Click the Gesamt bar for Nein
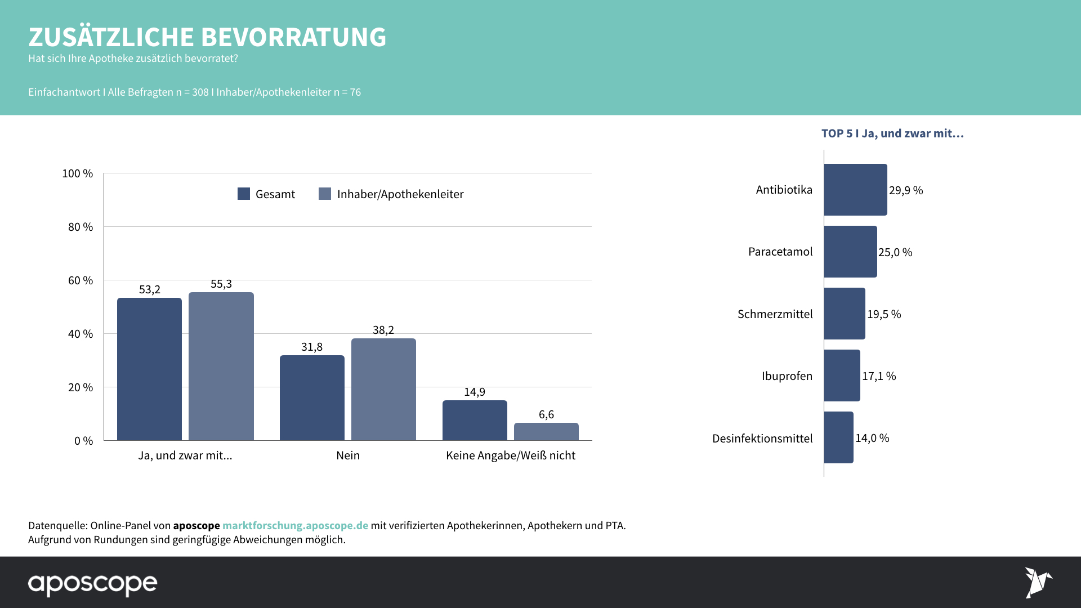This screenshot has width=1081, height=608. pyautogui.click(x=312, y=397)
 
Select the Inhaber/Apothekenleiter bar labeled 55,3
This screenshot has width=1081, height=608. pyautogui.click(x=221, y=366)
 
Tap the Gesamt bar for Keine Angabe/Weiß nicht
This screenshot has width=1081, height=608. pyautogui.click(x=475, y=420)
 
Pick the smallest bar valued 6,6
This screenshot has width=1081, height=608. pyautogui.click(x=546, y=431)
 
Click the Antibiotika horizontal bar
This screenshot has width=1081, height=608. pyautogui.click(x=855, y=190)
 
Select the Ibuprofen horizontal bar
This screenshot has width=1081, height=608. pyautogui.click(x=842, y=375)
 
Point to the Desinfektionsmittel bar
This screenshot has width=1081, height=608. pyautogui.click(x=838, y=437)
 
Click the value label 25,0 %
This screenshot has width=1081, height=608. pyautogui.click(x=895, y=252)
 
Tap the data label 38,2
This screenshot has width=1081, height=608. pyautogui.click(x=383, y=330)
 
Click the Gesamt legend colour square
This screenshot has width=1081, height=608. pyautogui.click(x=244, y=194)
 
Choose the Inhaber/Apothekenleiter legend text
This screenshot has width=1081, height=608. pyautogui.click(x=400, y=194)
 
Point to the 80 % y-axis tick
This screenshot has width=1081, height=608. pyautogui.click(x=81, y=227)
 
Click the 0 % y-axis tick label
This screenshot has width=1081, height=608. pyautogui.click(x=83, y=441)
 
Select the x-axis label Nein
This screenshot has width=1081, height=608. pyautogui.click(x=348, y=455)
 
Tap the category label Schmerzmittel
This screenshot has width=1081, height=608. pyautogui.click(x=775, y=314)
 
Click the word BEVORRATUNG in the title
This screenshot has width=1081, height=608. pyautogui.click(x=293, y=37)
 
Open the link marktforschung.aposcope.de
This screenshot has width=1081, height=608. pyautogui.click(x=295, y=525)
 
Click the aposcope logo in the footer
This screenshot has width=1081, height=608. pyautogui.click(x=93, y=584)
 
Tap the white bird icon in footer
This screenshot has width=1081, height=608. pyautogui.click(x=1038, y=582)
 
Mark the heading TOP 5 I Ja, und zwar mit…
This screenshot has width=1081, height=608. pyautogui.click(x=892, y=133)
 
